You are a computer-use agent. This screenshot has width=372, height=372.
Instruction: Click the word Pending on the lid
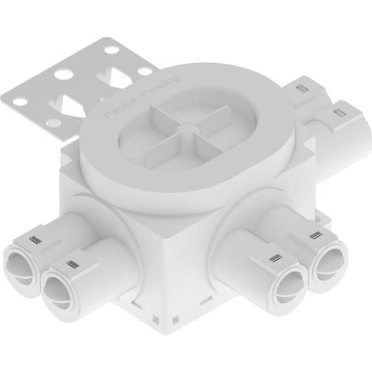(160, 85)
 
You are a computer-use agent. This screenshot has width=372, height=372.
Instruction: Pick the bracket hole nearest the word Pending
(145, 71)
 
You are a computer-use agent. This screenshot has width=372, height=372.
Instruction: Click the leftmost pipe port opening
(20, 268)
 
